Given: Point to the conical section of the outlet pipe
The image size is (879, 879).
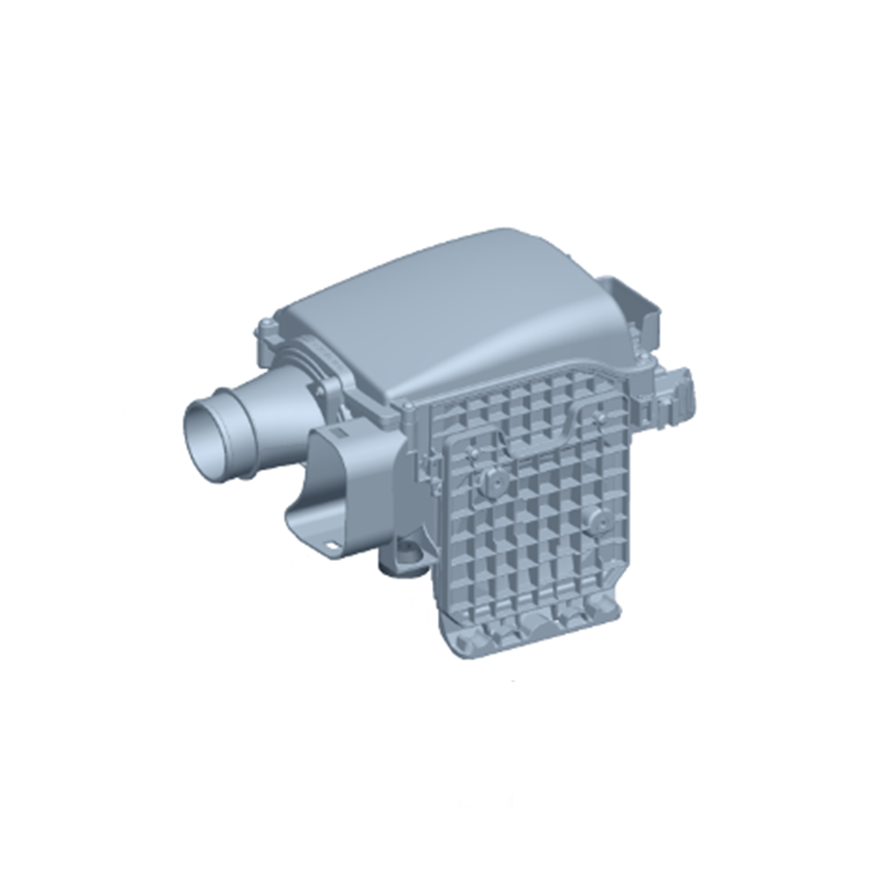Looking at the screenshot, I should [x=268, y=413].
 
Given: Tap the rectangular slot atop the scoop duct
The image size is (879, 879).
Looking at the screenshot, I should [x=338, y=436].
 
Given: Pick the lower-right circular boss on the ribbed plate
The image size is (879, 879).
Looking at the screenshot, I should [x=599, y=520].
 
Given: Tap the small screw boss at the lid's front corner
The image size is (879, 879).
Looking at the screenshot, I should [x=406, y=406].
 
